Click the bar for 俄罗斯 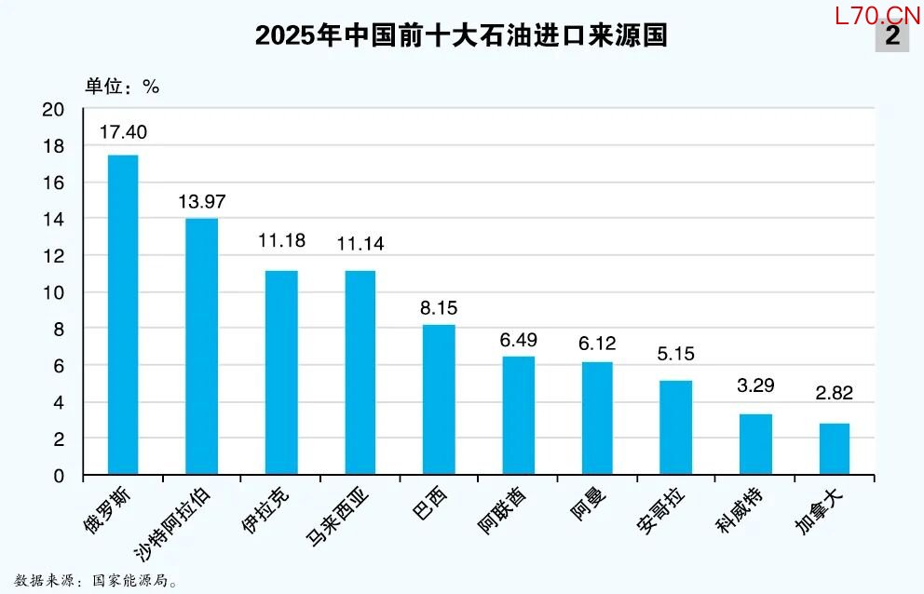(x=123, y=315)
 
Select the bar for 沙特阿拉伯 (x=202, y=346)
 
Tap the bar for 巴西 (x=439, y=399)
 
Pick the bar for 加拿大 (x=835, y=449)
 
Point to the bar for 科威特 (x=755, y=444)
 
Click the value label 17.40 (x=123, y=132)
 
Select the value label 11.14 (x=360, y=245)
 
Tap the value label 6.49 (x=518, y=340)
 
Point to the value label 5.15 (x=676, y=354)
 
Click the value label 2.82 (x=835, y=393)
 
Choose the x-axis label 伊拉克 (x=262, y=510)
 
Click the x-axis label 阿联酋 (x=501, y=513)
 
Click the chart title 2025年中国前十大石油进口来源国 (x=462, y=35)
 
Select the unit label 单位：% (x=123, y=87)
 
